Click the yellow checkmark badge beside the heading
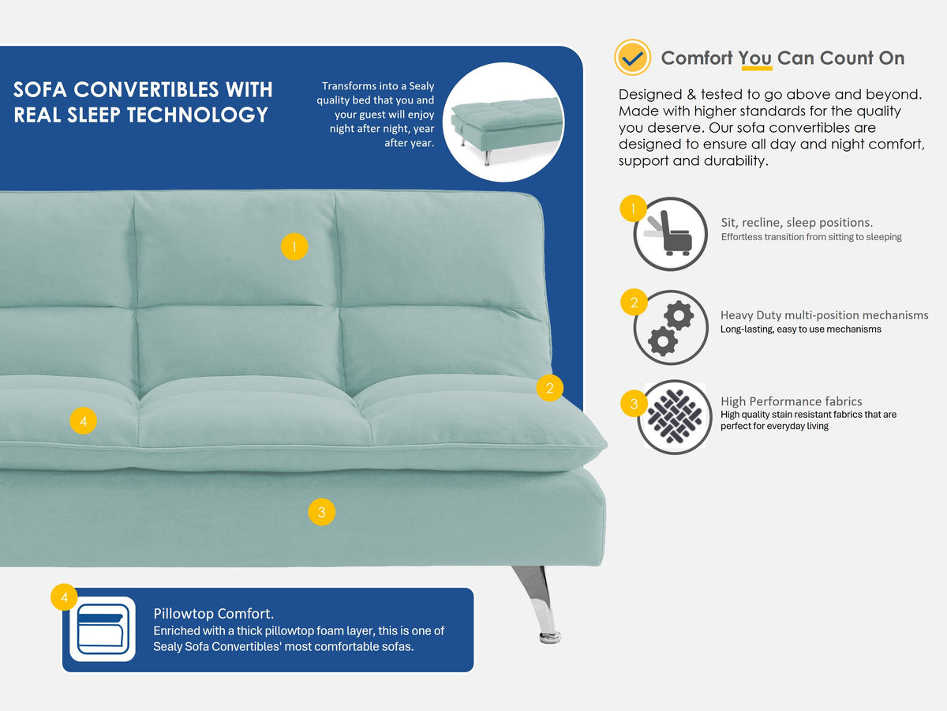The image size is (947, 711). click(632, 58)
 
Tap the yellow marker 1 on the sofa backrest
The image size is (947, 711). click(294, 246)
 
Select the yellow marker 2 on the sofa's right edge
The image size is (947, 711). click(549, 388)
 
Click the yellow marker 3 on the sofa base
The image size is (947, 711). click(321, 512)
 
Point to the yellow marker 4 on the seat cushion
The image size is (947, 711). click(84, 420)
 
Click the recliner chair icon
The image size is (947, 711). click(671, 235)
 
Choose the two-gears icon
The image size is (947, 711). click(671, 328)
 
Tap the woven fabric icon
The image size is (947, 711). click(675, 416)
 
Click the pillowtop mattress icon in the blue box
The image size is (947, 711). click(103, 629)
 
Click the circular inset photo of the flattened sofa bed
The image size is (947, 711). click(503, 122)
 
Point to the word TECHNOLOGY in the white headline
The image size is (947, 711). click(197, 115)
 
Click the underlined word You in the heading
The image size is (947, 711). click(755, 58)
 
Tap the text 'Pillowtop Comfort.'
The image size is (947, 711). click(214, 614)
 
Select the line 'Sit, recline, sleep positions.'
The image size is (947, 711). click(797, 222)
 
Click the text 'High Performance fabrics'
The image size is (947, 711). click(792, 401)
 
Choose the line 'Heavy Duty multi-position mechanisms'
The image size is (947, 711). click(825, 315)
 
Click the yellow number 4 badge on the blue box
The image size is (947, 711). click(64, 597)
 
